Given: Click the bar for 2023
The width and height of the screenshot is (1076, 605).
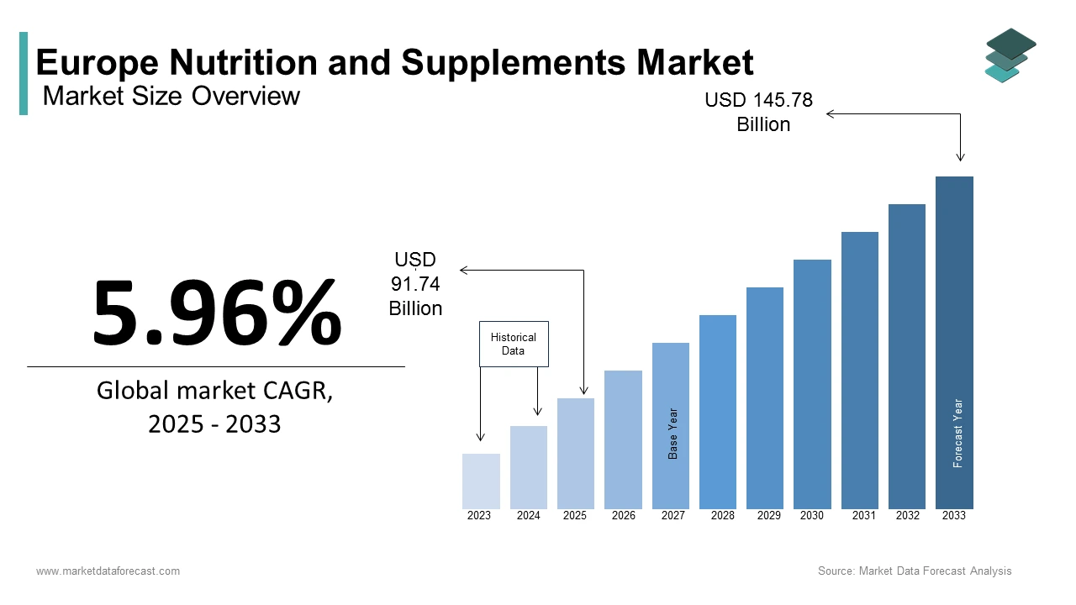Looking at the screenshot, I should point(481,481).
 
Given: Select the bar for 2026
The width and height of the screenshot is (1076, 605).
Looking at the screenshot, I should point(623,439).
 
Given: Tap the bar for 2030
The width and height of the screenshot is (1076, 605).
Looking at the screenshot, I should point(812,384).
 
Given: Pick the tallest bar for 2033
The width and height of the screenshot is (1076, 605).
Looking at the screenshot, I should point(954,343).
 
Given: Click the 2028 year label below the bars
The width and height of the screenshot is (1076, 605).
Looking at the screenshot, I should point(722,516).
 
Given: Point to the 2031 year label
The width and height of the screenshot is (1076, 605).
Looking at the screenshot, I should point(863,516).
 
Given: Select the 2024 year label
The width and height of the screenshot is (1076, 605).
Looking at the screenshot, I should point(528,516).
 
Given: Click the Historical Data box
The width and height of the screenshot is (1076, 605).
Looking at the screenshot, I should point(514,344).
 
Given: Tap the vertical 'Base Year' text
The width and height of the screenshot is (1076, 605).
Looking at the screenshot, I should point(672,434).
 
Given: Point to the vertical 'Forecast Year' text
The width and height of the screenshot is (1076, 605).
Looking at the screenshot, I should point(957,434).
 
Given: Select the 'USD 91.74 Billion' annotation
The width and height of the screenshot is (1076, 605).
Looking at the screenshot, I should point(415,284).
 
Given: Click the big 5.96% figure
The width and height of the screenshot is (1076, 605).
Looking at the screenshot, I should point(217,313).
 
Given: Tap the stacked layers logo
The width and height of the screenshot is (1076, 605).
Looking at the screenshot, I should point(1010,55).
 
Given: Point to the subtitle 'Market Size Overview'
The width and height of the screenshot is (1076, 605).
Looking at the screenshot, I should point(171,96).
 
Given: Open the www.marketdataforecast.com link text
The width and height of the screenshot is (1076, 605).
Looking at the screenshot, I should point(108,571).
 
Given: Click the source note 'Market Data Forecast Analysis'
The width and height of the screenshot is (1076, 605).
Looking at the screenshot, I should point(935,571).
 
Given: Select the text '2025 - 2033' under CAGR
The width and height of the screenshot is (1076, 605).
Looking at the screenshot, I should point(214,423).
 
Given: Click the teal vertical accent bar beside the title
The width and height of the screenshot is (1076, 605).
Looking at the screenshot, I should point(24,73).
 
